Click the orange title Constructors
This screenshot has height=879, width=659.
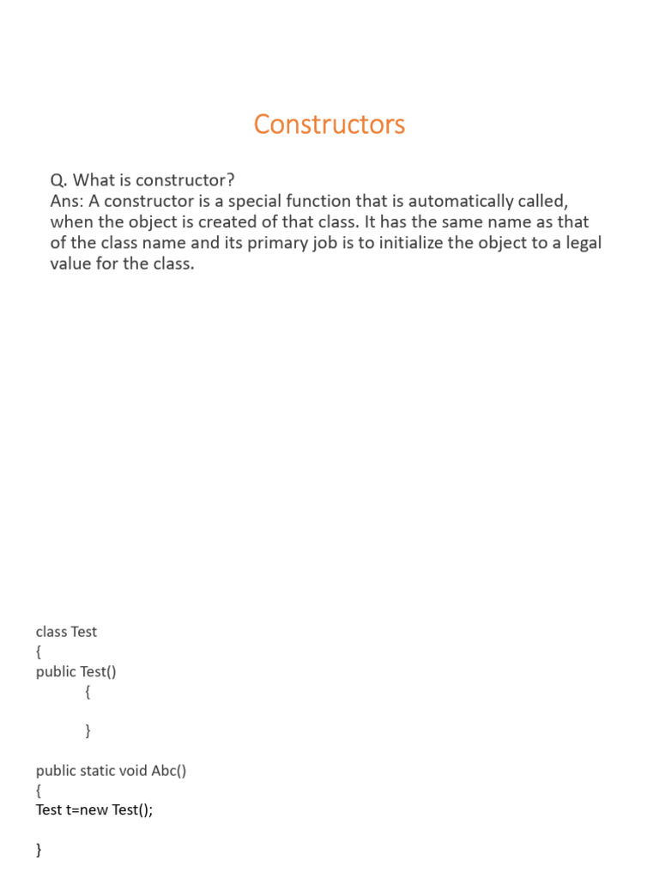tap(329, 124)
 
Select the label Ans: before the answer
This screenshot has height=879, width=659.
tap(67, 201)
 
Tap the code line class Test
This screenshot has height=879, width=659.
tap(67, 632)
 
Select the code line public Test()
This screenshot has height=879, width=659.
tap(76, 671)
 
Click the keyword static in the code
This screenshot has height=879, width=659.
tap(100, 770)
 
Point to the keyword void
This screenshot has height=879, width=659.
tap(136, 770)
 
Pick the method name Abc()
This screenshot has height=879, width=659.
tap(169, 770)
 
